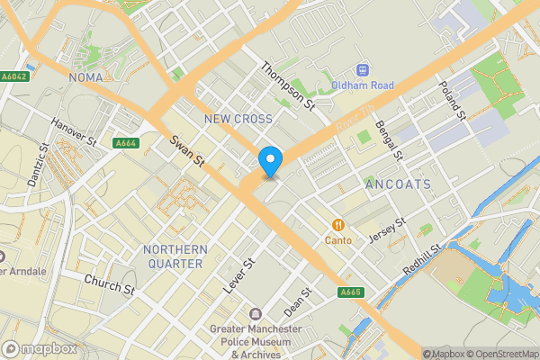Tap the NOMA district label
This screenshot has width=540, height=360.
pyautogui.click(x=86, y=77)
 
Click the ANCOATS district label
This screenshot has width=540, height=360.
pyautogui.click(x=398, y=184)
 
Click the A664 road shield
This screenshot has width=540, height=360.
pyautogui.click(x=126, y=143)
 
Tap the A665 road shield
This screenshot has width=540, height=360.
pyautogui.click(x=351, y=292)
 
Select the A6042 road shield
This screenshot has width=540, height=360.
pyautogui.click(x=13, y=76)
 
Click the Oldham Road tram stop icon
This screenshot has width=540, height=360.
pyautogui.click(x=363, y=69)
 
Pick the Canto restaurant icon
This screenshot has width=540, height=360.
pyautogui.click(x=339, y=225)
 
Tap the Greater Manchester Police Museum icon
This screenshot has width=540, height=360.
pyautogui.click(x=256, y=314)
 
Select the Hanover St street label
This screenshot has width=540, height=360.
pyautogui.click(x=73, y=132)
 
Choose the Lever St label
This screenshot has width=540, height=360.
pyautogui.click(x=238, y=275)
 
